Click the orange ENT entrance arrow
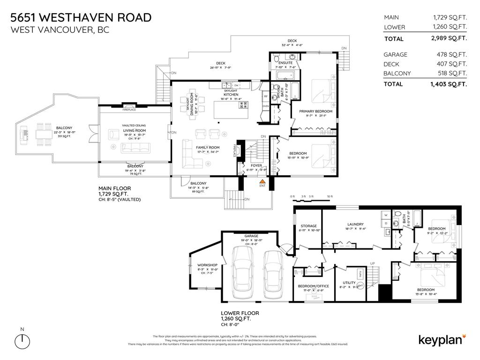coord(263,180)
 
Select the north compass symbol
coord(22,341)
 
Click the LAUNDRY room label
coord(355,224)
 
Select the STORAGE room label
coord(309,226)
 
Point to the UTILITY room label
coord(350,283)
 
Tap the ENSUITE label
coord(285,62)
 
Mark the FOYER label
coord(256,165)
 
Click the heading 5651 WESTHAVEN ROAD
coord(81,18)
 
